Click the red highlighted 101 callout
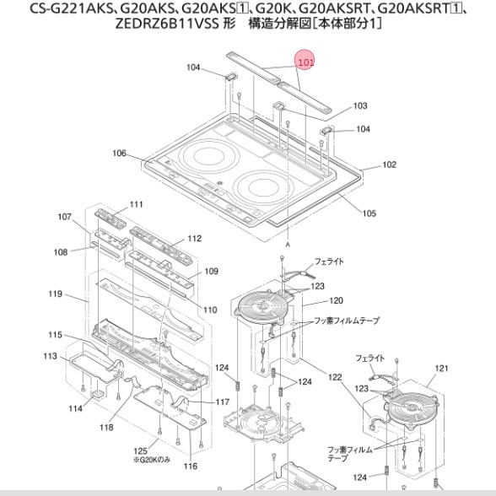[x=305, y=62]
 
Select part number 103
[x=360, y=105]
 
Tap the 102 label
[x=389, y=164]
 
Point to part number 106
[x=119, y=154]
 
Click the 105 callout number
[x=369, y=213]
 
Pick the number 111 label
[x=136, y=204]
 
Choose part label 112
[x=195, y=238]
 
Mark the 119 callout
[x=55, y=294]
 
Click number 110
[x=210, y=310]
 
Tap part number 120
[x=336, y=300]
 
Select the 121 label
[x=442, y=369]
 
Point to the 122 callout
[x=335, y=377]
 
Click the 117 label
[x=223, y=402]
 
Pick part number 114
[x=75, y=408]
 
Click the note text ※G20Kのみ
[x=152, y=459]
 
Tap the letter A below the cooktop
[x=288, y=245]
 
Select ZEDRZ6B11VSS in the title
[x=167, y=24]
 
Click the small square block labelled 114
[x=97, y=394]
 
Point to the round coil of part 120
[x=263, y=306]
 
